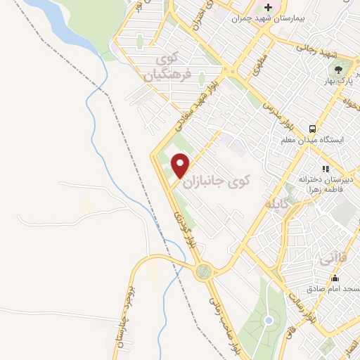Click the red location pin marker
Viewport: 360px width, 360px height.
(181, 165)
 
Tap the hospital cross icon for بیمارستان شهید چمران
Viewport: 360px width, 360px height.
(268, 6)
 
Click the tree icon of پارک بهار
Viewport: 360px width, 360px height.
(339, 69)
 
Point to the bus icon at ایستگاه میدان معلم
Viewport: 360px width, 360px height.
(310, 129)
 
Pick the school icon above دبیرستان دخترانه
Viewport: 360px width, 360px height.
(325, 169)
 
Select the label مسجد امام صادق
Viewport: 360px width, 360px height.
(333, 289)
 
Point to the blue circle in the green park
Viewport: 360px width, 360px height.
(268, 321)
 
